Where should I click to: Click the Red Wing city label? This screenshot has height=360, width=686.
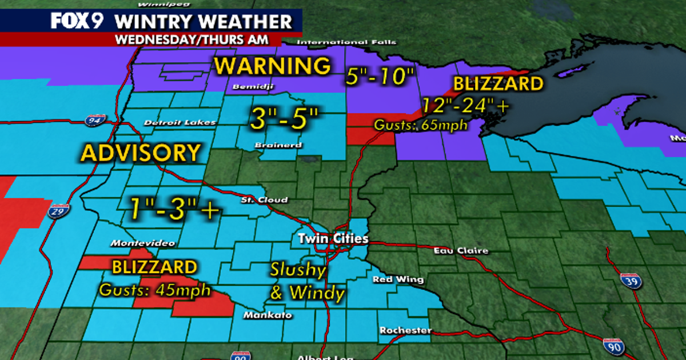398,279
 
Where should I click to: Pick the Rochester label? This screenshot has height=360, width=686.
405,330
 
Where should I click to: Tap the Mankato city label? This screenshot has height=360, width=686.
268,315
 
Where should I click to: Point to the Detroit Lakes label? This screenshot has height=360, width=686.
180,122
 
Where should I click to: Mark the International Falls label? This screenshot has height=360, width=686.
348,42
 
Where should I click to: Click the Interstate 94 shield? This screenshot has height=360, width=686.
95,121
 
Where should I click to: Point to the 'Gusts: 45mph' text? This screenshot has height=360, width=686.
154,290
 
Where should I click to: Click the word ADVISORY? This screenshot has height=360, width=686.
141,153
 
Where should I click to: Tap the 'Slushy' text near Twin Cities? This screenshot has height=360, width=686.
298,270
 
